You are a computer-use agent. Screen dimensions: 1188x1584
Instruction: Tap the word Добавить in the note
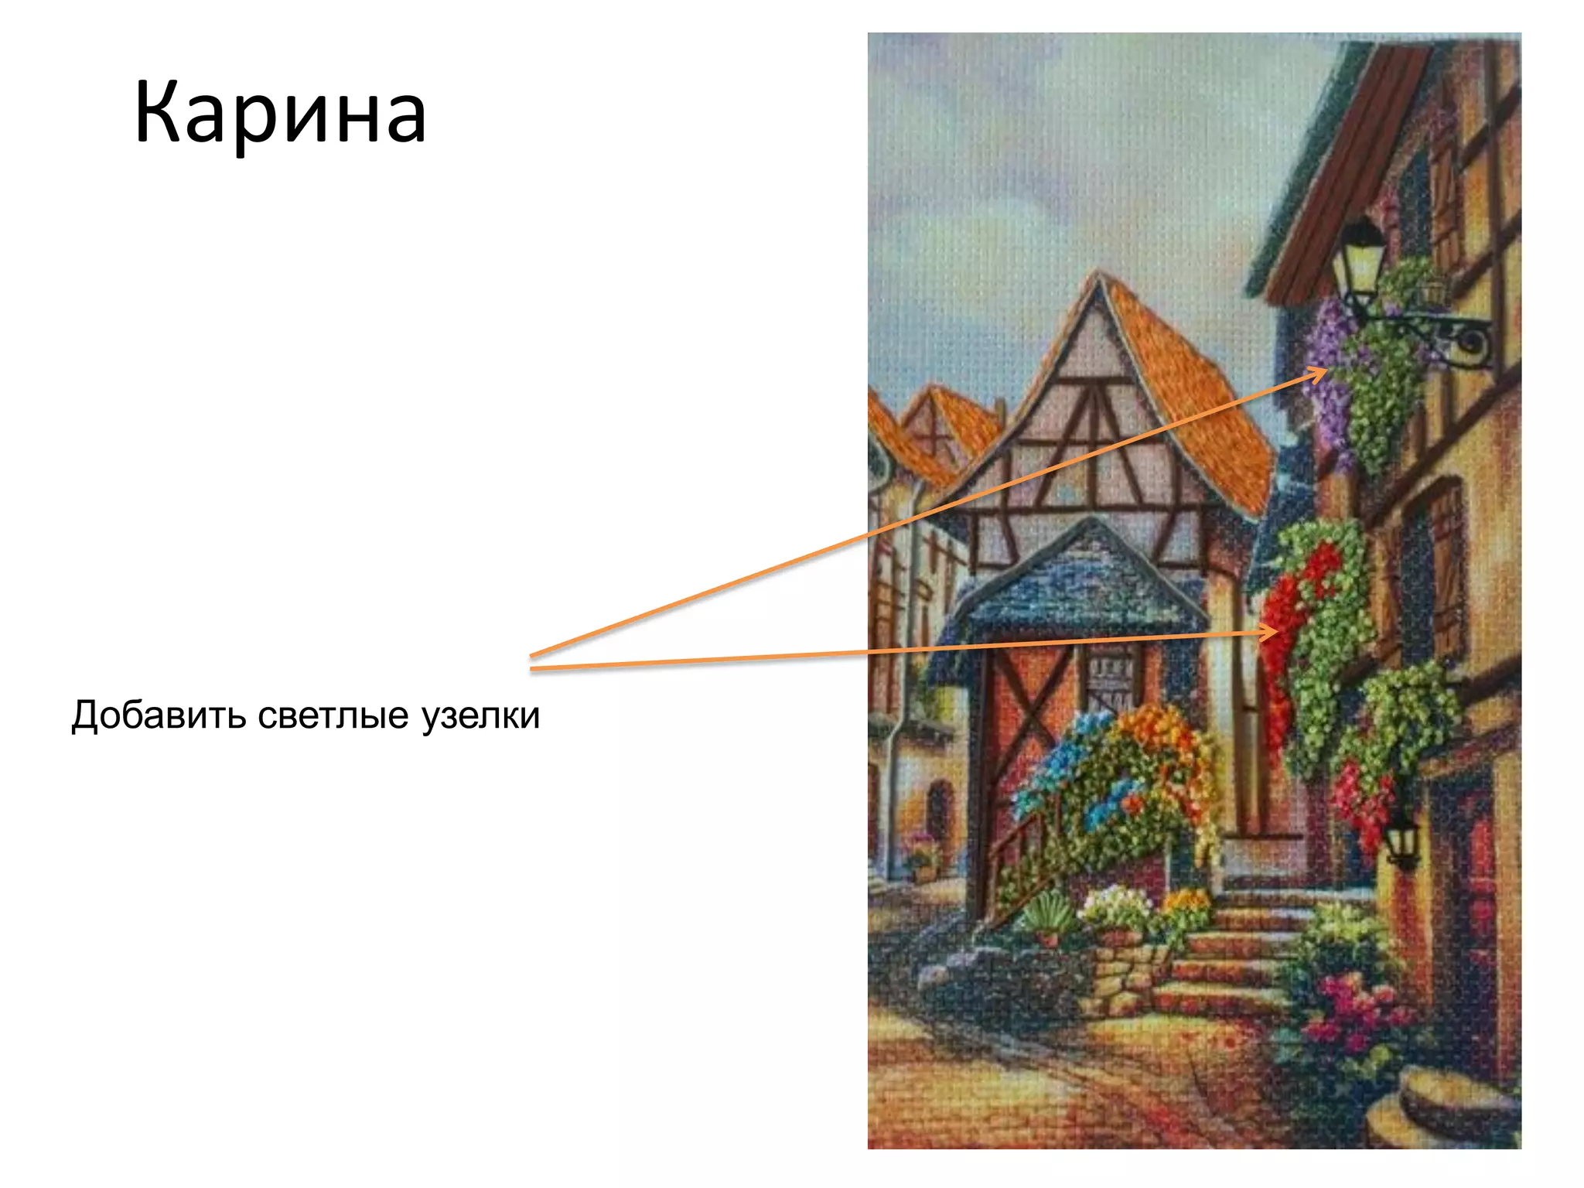coord(158,715)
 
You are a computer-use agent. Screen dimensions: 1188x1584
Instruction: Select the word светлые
coord(333,715)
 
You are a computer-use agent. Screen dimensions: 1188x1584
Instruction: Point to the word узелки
coord(480,716)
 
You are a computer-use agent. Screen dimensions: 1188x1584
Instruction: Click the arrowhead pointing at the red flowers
coord(1268,633)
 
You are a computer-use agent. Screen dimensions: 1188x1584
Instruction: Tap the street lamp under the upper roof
coord(1360,260)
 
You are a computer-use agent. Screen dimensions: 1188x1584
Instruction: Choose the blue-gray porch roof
coord(1083,588)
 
